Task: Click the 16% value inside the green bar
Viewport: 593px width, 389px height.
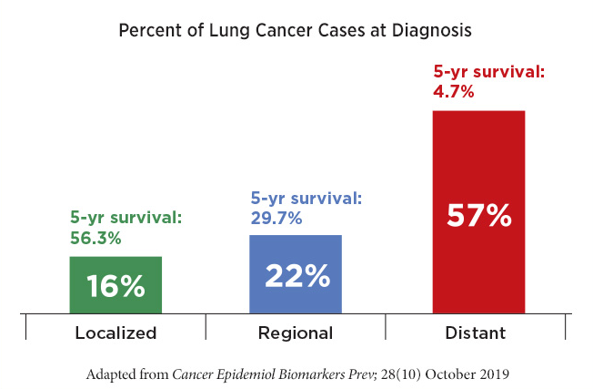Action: tap(116, 286)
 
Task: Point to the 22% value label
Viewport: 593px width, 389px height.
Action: tap(296, 275)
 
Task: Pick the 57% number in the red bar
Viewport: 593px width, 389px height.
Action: tap(478, 217)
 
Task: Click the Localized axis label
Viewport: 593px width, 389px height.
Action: tap(116, 333)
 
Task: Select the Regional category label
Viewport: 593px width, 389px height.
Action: tap(296, 333)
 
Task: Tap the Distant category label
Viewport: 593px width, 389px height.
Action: tap(476, 333)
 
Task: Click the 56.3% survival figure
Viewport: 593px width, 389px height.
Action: tap(95, 238)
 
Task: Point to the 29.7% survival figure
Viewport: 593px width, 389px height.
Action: tap(276, 218)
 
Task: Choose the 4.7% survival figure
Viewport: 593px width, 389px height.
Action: tap(455, 91)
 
